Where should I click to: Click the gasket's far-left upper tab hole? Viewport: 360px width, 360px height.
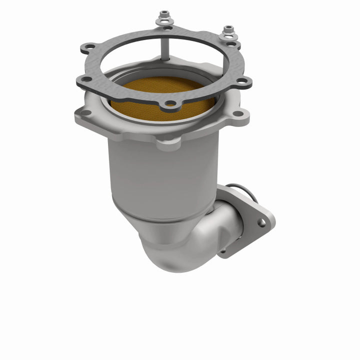(x=89, y=47)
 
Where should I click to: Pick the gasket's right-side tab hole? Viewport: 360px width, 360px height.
(x=241, y=81)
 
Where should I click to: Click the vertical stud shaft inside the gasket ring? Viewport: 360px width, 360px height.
(x=163, y=45)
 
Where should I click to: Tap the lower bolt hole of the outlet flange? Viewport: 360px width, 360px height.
(x=223, y=248)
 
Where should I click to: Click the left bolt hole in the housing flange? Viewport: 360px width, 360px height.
(x=85, y=112)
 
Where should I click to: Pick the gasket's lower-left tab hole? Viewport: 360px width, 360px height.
(x=86, y=79)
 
